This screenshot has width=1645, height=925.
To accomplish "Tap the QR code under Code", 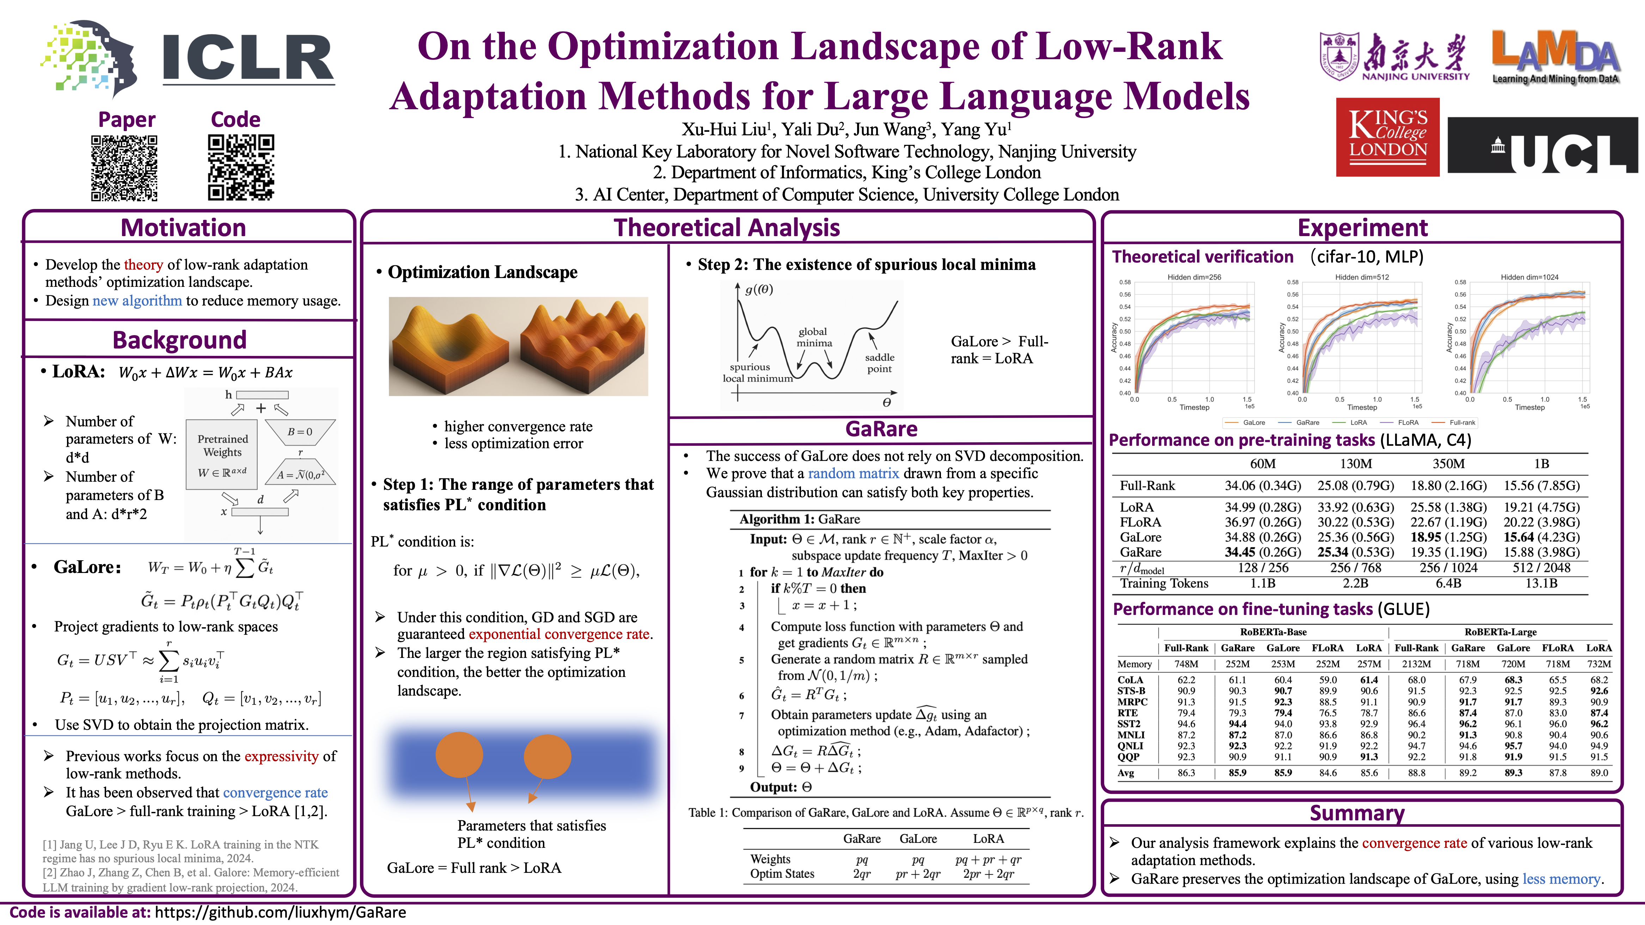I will click(x=241, y=167).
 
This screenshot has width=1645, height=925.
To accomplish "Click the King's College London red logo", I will click(x=1388, y=137).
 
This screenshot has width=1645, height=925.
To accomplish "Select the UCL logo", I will click(x=1542, y=146).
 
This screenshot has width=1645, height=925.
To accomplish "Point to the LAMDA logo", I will click(x=1555, y=57).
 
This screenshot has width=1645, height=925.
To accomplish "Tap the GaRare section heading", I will click(x=881, y=429).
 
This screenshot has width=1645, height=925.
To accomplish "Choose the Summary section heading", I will click(x=1357, y=813).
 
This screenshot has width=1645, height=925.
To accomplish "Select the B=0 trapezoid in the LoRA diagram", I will click(x=300, y=432).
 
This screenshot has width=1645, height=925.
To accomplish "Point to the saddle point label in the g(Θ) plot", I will click(x=879, y=363).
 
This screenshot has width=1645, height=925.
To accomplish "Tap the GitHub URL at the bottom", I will click(x=280, y=912).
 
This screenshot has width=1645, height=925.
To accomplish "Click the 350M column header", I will click(x=1448, y=463).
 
